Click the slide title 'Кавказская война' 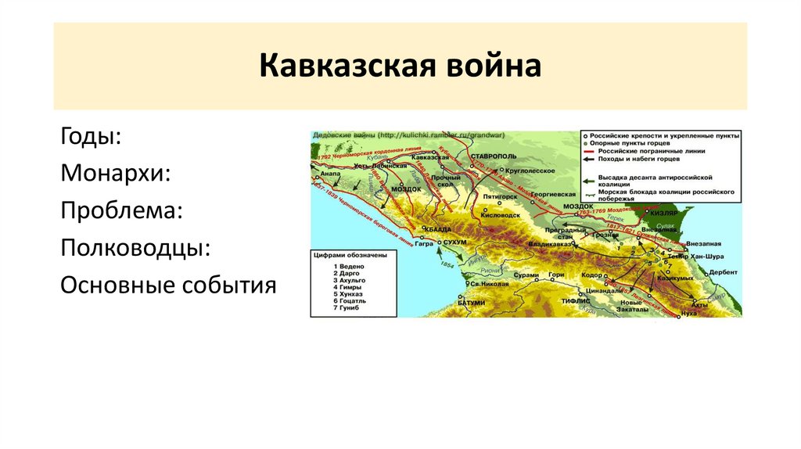[x=400, y=66]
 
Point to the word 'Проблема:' [x=122, y=210]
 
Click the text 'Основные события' [x=168, y=284]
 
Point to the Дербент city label [x=722, y=272]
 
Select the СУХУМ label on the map [x=454, y=242]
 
